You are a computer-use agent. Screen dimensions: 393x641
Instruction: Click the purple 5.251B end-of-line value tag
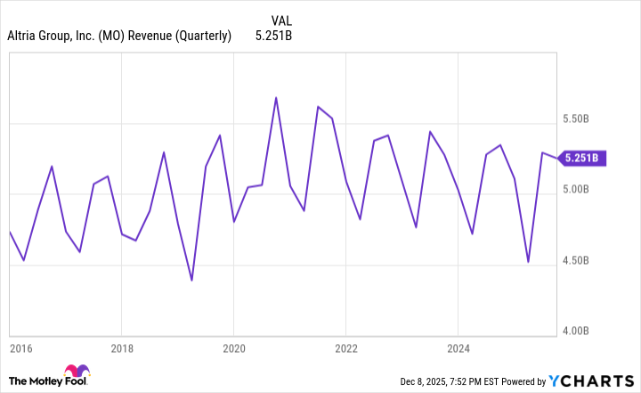(x=583, y=159)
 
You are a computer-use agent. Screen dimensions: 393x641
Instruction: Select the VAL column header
(x=280, y=20)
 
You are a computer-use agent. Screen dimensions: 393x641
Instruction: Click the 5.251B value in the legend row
(x=273, y=36)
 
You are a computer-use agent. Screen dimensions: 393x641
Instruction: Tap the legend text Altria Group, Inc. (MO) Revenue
(x=119, y=36)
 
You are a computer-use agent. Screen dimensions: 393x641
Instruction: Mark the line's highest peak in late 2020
(x=276, y=97)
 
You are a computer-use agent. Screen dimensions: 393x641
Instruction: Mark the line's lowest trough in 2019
(x=191, y=280)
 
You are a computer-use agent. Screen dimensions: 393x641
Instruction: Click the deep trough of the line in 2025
(x=528, y=262)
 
